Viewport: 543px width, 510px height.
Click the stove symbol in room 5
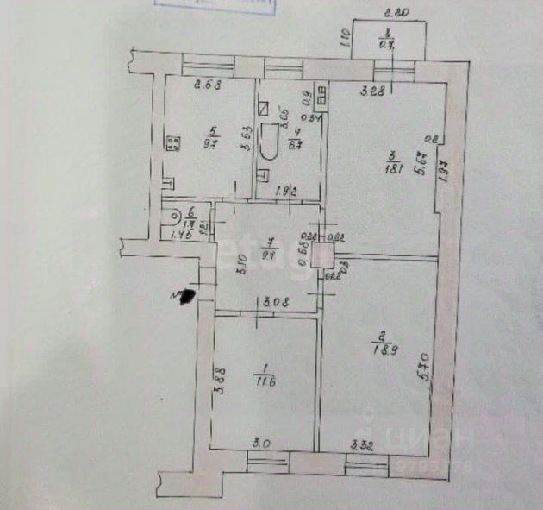172,143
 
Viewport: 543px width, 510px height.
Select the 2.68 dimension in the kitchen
209,84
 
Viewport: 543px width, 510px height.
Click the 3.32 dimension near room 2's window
361,445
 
